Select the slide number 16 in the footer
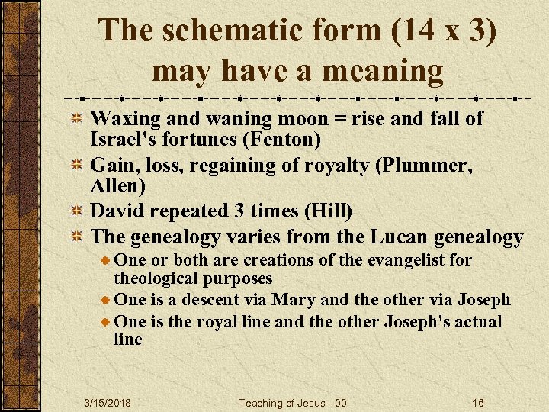point(478,402)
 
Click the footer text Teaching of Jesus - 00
point(293,402)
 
